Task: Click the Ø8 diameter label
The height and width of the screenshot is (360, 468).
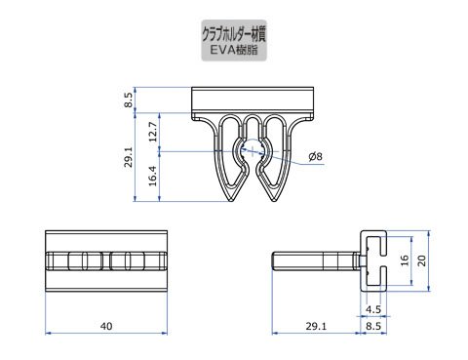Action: point(315,156)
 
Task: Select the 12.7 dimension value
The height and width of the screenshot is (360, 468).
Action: point(153,132)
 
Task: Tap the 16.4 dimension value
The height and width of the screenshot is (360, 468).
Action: point(153,176)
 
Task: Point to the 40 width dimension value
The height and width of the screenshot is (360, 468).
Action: point(106,326)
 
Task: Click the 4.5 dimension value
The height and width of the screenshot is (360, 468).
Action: point(373,309)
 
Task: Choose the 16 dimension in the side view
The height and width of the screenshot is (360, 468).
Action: point(405,260)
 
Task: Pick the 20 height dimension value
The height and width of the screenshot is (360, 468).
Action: point(421,260)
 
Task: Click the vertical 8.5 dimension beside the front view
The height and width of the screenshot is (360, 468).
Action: point(129,100)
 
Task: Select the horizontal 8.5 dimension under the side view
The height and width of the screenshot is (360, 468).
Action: point(373,326)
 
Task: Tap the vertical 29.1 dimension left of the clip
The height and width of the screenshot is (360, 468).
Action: point(129,157)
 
